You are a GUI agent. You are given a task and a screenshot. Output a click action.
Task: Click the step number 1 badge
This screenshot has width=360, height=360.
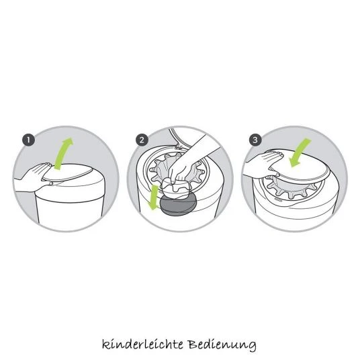28,140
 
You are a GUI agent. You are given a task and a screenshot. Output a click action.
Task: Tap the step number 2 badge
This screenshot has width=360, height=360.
142,140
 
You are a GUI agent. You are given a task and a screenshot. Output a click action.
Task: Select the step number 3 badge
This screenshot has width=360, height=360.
255,140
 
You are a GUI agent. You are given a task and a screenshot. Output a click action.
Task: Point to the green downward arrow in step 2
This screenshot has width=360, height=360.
153,197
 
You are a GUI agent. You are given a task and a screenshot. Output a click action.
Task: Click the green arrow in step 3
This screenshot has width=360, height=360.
299,152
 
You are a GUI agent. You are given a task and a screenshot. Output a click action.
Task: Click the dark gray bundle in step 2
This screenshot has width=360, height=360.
178,204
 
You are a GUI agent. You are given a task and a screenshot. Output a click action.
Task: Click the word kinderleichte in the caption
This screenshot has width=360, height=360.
142,345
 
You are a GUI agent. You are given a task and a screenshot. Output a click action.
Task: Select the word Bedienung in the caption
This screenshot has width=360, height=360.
222,345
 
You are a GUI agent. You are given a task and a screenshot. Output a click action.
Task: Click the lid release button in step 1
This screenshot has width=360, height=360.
51,183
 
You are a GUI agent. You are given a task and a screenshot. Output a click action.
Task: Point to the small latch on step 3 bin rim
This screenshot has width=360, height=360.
277,199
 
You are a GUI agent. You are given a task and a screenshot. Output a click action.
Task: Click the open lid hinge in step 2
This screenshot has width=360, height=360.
179,146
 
